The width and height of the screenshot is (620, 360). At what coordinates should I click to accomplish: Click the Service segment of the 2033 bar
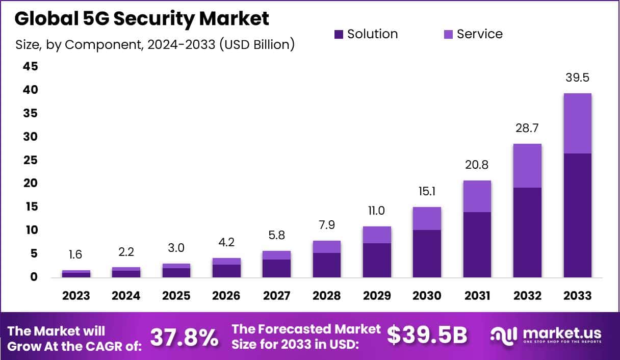coord(577,123)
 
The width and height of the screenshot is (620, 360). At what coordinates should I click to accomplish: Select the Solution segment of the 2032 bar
coord(527,232)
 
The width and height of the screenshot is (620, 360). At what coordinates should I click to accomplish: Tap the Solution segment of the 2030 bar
coord(427,253)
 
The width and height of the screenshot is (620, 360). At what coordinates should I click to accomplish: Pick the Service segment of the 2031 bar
coord(477,196)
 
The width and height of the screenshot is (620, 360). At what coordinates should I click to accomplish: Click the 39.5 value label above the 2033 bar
coord(577,78)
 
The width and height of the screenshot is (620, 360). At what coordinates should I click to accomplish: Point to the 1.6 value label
coord(75,254)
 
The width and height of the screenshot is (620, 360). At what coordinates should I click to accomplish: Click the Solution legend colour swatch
coord(339,34)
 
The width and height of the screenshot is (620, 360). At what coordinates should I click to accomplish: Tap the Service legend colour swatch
coord(448,34)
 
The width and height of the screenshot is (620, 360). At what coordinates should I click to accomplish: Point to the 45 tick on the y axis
coord(30,66)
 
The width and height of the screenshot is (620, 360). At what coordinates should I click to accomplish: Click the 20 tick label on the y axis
coord(30,183)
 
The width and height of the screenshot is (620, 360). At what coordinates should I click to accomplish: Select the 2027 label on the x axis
coord(276,296)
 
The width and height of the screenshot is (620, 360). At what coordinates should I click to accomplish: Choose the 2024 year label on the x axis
coord(126,296)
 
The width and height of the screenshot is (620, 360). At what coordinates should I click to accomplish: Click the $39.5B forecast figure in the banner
coord(427,335)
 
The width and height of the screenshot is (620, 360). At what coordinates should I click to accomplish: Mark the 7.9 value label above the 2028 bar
coord(326,225)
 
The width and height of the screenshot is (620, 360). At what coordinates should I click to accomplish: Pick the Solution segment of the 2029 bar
coord(377,260)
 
